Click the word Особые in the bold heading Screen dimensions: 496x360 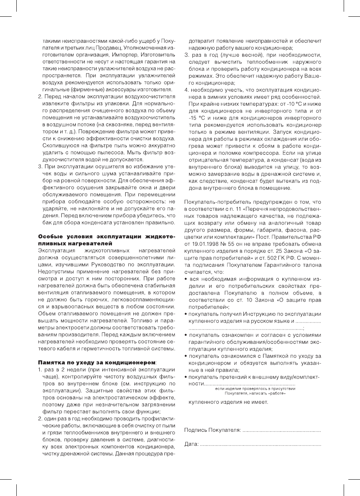(x=50, y=237)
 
